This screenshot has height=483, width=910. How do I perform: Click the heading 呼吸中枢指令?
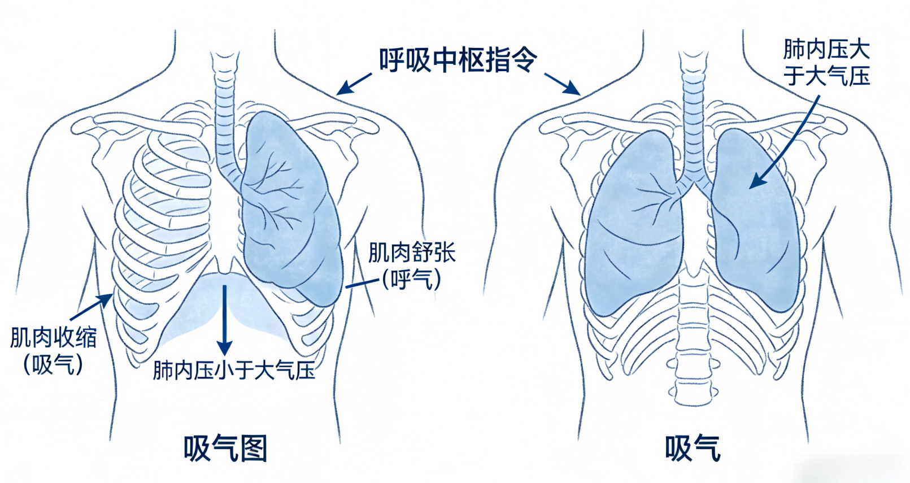[458, 60]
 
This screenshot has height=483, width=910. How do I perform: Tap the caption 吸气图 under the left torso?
[225, 449]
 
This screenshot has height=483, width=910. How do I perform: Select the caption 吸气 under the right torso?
[693, 449]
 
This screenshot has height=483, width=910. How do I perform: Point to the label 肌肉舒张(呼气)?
[412, 266]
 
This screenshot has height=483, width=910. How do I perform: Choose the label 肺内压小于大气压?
[234, 371]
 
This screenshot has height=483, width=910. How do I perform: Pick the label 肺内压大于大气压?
[826, 63]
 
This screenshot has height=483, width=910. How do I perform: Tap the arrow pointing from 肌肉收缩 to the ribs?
[92, 307]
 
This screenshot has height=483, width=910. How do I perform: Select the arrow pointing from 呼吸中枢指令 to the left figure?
[354, 84]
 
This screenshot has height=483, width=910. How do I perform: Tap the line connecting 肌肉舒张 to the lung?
[362, 283]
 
